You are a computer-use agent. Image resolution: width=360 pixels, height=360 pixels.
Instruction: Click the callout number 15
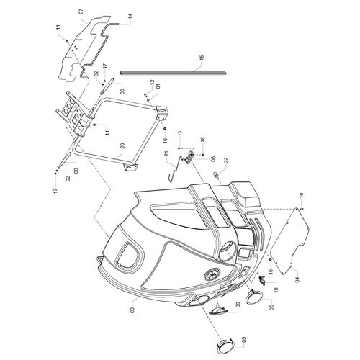202,58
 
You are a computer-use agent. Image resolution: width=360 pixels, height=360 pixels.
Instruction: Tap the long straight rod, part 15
173,72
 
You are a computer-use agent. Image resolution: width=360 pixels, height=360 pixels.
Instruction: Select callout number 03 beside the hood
132,310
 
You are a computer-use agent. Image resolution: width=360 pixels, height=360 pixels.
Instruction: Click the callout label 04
297,280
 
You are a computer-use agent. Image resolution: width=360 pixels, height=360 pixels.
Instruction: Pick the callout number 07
81,12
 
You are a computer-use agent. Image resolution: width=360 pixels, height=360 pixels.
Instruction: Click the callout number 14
130,17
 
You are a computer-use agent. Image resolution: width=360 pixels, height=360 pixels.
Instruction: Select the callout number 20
122,146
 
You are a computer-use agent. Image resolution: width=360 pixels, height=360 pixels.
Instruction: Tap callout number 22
227,160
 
